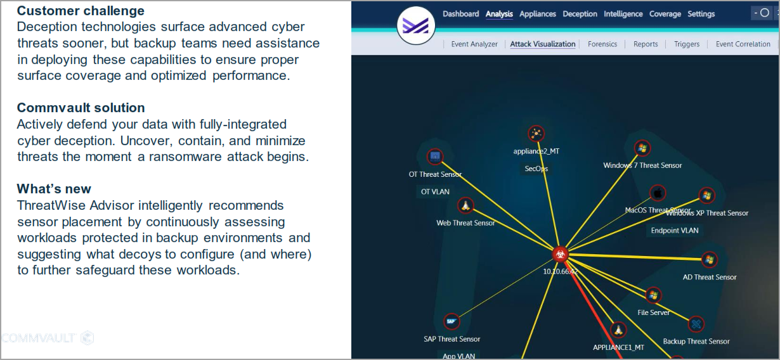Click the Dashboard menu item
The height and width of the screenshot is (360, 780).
click(460, 14)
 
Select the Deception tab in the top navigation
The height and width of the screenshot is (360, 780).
click(580, 14)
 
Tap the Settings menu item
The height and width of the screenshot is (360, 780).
click(701, 14)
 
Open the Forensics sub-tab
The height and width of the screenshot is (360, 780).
click(602, 44)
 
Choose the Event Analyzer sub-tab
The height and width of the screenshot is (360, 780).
click(474, 44)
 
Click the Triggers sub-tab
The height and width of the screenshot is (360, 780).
click(687, 44)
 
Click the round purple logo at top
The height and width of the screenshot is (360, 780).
click(416, 25)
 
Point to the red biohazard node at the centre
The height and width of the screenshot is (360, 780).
click(560, 254)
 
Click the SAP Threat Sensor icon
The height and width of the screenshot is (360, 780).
click(452, 321)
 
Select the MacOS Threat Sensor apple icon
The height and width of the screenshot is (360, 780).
click(658, 193)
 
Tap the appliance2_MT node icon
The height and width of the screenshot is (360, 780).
click(536, 133)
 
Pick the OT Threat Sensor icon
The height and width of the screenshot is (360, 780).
click(435, 157)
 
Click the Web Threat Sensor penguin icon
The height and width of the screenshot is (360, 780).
click(465, 205)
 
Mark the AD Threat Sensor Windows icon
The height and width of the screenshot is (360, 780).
click(710, 259)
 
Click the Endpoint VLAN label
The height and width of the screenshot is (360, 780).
click(675, 231)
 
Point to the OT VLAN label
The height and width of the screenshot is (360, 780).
click(435, 191)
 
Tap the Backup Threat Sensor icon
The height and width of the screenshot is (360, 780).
click(696, 324)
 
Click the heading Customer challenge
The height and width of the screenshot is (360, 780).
click(81, 11)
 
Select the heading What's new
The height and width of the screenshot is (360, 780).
click(54, 189)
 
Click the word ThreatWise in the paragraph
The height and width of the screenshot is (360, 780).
click(51, 205)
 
